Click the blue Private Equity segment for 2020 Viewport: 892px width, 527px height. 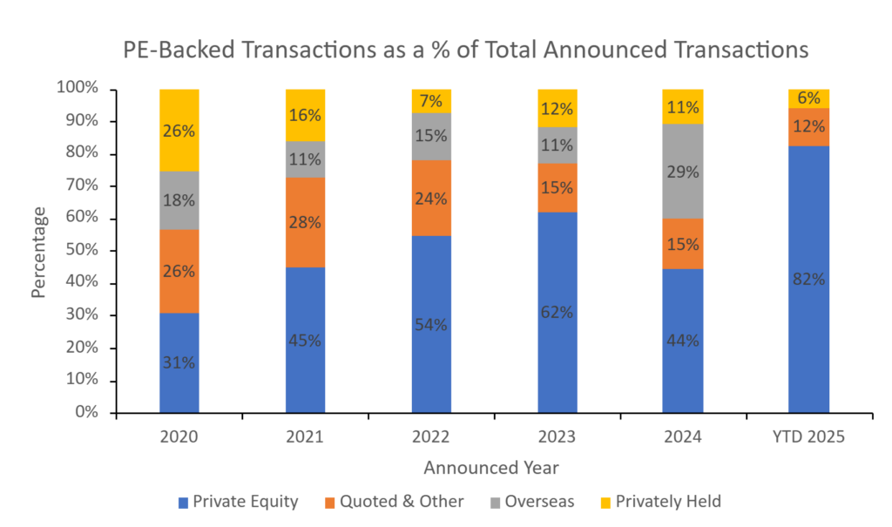point(179,362)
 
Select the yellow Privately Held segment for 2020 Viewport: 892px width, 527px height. point(179,130)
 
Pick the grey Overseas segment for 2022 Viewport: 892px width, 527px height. point(431,136)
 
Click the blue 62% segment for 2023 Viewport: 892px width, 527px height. point(557,312)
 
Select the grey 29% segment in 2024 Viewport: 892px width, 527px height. point(683,172)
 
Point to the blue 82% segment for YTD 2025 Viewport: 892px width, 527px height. point(808,279)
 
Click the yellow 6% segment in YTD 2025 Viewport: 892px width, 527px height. point(808,98)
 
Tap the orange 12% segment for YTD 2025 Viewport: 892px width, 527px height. point(808,127)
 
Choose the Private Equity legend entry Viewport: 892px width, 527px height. point(237,501)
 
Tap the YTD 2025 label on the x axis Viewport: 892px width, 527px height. point(808,436)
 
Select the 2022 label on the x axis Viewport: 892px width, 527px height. point(431,436)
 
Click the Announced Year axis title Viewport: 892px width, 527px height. point(491,468)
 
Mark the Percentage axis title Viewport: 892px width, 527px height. point(38,251)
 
